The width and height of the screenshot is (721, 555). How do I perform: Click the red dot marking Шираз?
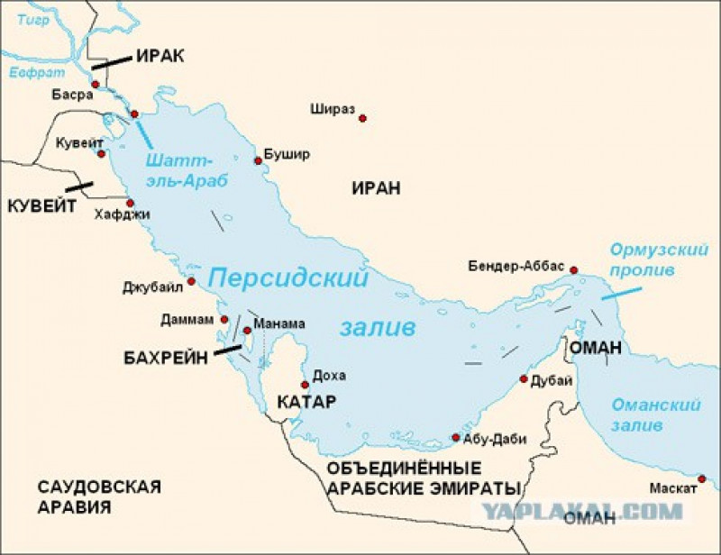[363, 118]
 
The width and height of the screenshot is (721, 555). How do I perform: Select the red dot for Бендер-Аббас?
[574, 269]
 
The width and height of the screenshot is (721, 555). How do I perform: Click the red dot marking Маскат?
[702, 478]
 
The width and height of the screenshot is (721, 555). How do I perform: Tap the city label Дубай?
[552, 380]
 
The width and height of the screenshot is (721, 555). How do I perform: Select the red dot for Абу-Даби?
[456, 439]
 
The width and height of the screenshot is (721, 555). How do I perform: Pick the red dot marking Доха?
[305, 384]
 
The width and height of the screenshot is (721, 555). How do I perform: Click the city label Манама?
[279, 323]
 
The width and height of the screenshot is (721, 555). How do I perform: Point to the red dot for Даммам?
[224, 319]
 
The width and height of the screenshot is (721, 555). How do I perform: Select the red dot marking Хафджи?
[130, 203]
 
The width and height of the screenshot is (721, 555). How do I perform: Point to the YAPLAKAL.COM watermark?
[580, 511]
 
